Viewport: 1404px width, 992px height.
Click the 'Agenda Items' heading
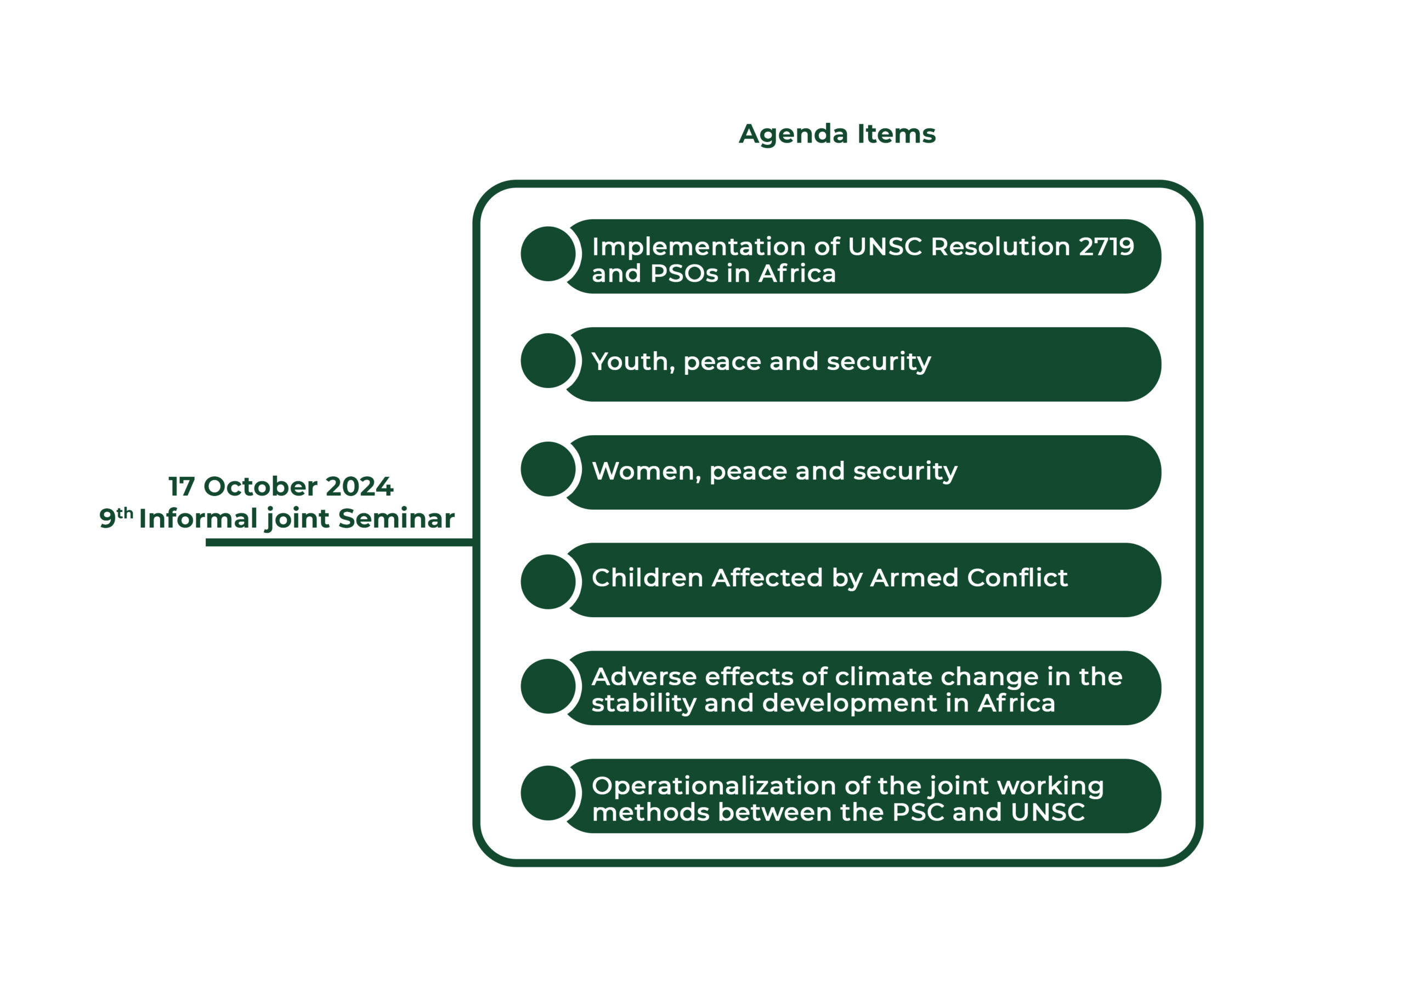837,134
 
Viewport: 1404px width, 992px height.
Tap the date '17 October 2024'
281,487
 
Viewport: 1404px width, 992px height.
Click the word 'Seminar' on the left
397,518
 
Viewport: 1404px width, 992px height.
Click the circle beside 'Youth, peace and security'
548,361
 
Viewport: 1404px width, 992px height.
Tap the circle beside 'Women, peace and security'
548,469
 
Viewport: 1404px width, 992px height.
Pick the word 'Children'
648,578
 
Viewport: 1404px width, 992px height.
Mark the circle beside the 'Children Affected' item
548,582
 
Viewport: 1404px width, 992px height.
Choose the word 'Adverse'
644,677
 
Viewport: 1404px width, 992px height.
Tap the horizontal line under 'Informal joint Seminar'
339,542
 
